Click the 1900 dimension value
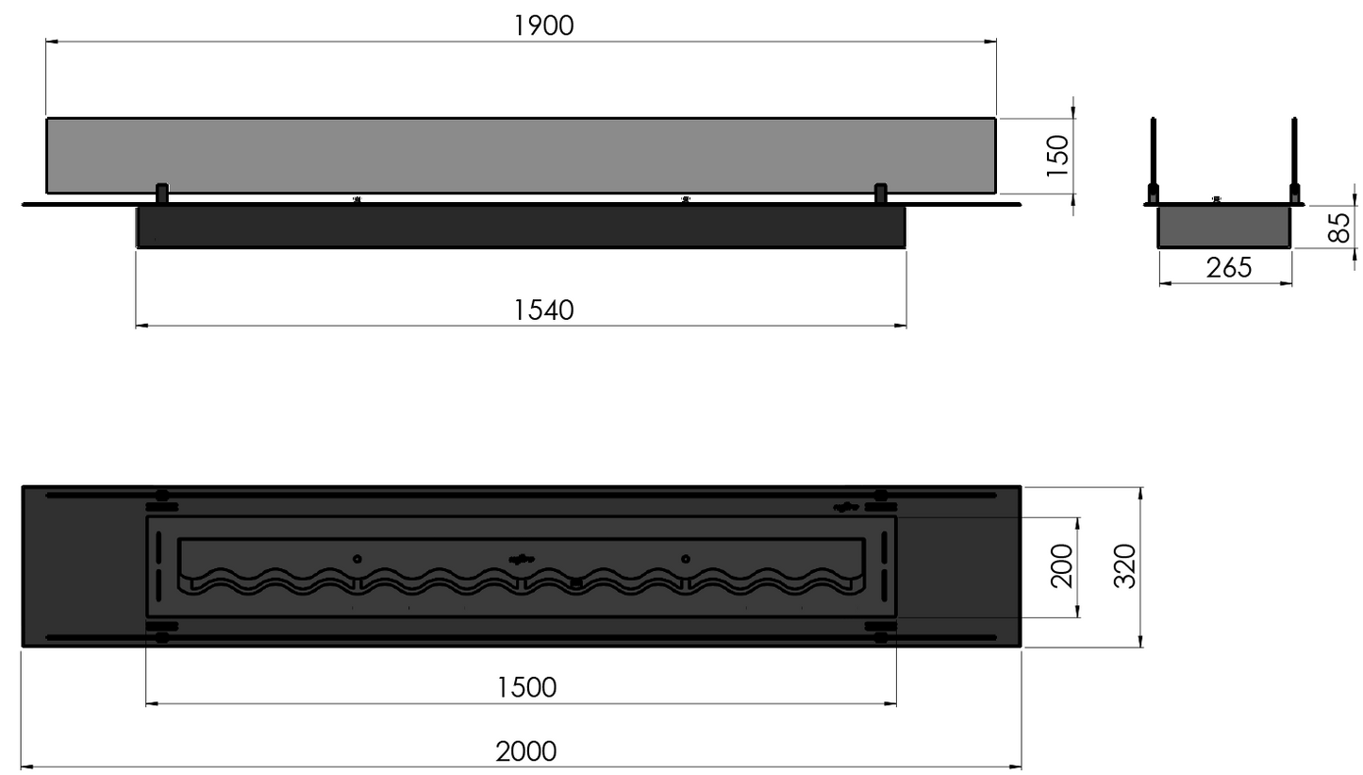tap(543, 25)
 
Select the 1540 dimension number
tap(543, 310)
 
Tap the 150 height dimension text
tap(1058, 156)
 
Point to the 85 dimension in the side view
tap(1338, 227)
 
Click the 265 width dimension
tap(1228, 268)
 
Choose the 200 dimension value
tap(1062, 566)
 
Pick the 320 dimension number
tap(1124, 566)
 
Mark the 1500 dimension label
tap(526, 687)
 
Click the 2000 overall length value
tap(525, 752)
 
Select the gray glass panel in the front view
tap(521, 155)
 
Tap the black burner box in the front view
tap(521, 227)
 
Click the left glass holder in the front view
tap(161, 194)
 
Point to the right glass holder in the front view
tap(880, 194)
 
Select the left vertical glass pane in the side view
tap(1153, 156)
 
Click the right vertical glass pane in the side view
tap(1294, 156)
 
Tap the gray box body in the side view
tap(1224, 227)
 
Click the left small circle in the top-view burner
tap(357, 559)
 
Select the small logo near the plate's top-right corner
tap(845, 507)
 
